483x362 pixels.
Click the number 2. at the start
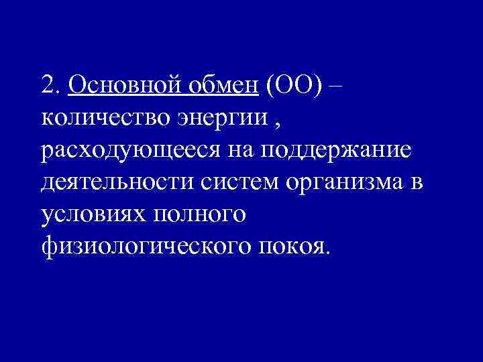tap(51, 86)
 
